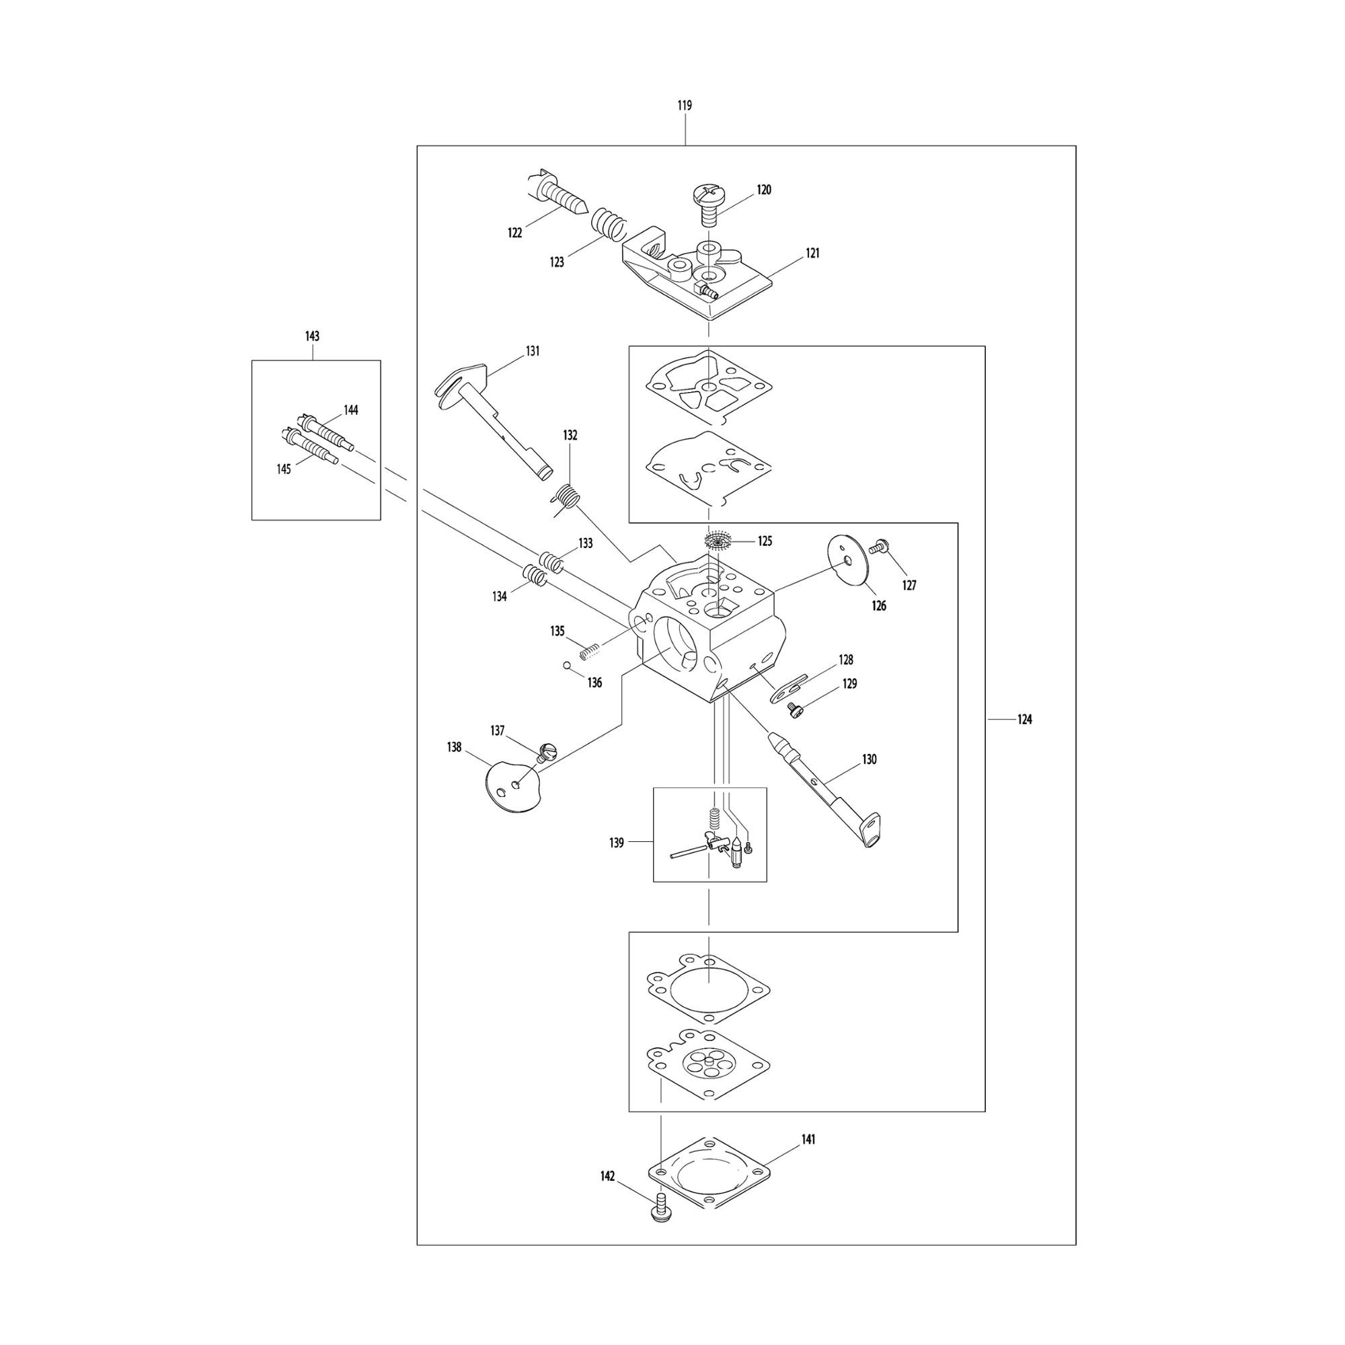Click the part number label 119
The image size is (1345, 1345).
(685, 106)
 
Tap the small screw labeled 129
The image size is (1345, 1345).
(794, 709)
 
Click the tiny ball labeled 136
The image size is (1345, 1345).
(568, 666)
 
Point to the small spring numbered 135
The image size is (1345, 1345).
(590, 652)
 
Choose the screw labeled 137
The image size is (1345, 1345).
(549, 753)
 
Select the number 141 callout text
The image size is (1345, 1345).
(808, 1140)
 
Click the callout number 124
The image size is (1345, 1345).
(1024, 720)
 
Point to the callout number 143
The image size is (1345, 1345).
(313, 336)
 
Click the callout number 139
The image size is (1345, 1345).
(617, 843)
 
